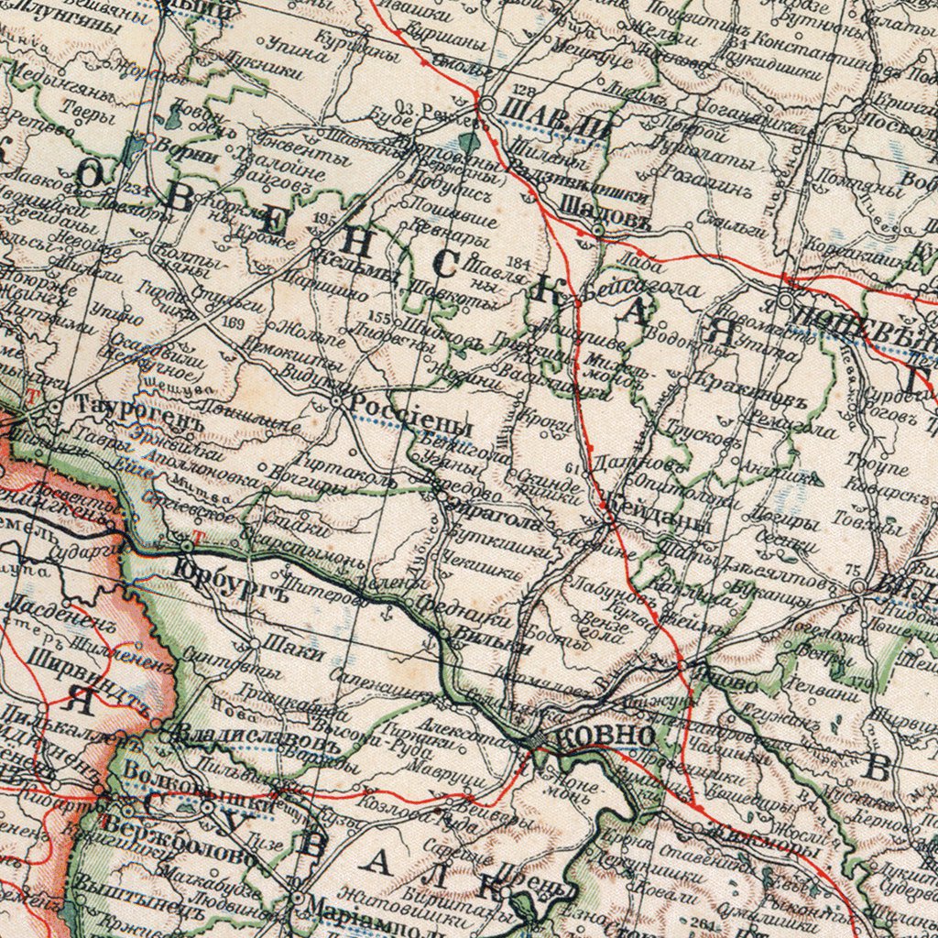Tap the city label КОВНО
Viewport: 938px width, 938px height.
[x=605, y=736]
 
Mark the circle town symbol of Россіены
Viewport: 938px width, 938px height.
[x=339, y=401]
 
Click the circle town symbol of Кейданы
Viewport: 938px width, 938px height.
[x=610, y=519]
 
